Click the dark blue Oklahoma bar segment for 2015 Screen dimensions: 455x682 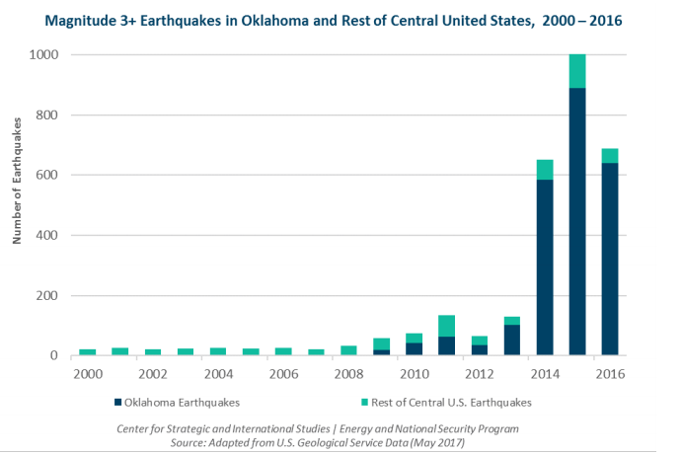(x=577, y=222)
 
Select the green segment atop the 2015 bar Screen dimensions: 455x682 (x=577, y=71)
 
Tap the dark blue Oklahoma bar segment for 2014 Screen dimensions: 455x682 (x=545, y=267)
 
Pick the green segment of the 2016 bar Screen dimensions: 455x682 (x=610, y=156)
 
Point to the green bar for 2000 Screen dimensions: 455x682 (x=88, y=352)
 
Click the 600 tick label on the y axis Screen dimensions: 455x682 (x=48, y=176)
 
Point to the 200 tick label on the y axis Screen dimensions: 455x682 (x=48, y=296)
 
